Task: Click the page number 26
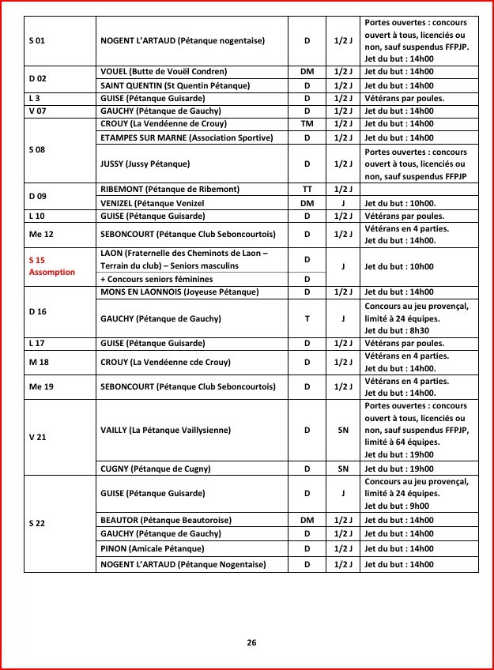[251, 642]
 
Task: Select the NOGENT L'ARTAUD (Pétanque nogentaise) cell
[183, 40]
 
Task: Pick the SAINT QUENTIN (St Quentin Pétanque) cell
[175, 85]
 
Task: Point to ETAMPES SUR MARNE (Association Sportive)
[187, 137]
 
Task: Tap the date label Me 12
[39, 235]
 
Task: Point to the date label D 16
[37, 312]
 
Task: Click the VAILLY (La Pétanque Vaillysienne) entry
[166, 430]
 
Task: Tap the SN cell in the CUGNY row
[343, 469]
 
